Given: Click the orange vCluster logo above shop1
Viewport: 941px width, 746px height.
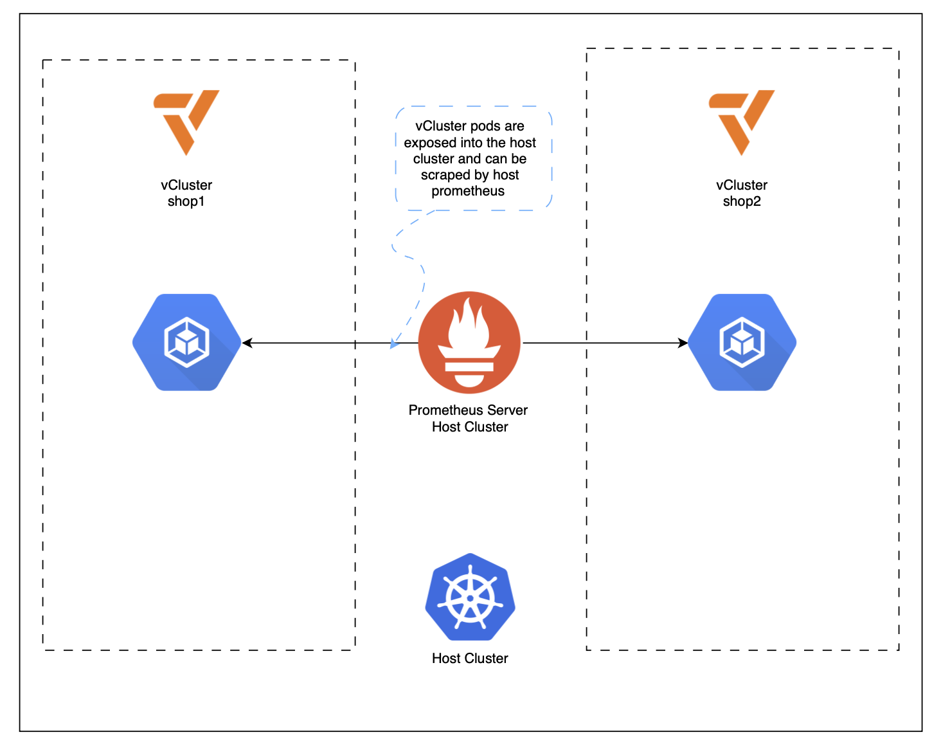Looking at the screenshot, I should point(186,120).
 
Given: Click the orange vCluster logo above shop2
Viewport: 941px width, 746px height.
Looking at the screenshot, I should point(742,120).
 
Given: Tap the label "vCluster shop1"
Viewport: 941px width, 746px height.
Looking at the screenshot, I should point(186,193).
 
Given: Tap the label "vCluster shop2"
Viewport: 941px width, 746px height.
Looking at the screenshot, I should point(742,193).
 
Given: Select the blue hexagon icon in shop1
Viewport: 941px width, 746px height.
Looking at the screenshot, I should point(187,342).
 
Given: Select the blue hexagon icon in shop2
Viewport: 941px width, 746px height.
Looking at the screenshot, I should point(742,342).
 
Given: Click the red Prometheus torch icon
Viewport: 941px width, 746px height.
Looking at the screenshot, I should point(469,342).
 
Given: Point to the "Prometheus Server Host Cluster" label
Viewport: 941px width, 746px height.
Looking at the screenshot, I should point(469,418).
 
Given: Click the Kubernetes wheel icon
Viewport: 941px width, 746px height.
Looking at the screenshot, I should point(470,597).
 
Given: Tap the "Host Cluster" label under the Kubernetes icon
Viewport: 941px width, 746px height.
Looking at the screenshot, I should point(470,658).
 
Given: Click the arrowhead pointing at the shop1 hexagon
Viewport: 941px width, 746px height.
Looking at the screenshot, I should point(247,343).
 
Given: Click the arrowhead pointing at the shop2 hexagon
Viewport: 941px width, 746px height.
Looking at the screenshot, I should point(683,343).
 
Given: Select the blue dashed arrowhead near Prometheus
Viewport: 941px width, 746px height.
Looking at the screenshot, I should point(394,344).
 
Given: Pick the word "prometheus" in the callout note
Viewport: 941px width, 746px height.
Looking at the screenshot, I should point(468,191).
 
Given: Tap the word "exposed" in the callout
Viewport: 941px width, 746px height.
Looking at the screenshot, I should point(429,143).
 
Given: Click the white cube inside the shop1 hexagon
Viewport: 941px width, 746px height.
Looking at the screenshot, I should point(186,342).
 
